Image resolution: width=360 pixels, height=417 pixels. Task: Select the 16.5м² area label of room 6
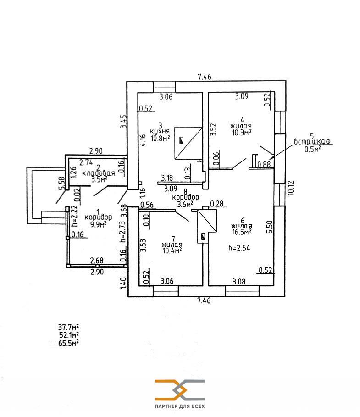tap(242, 233)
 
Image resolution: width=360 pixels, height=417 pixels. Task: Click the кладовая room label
tap(98, 173)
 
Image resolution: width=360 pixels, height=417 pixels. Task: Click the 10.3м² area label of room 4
tap(242, 133)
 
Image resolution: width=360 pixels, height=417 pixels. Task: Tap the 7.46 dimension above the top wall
tap(204, 77)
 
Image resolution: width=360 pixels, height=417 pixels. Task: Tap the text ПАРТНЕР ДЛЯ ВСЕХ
tap(180, 407)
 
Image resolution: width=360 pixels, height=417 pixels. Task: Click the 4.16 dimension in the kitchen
tap(143, 139)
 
